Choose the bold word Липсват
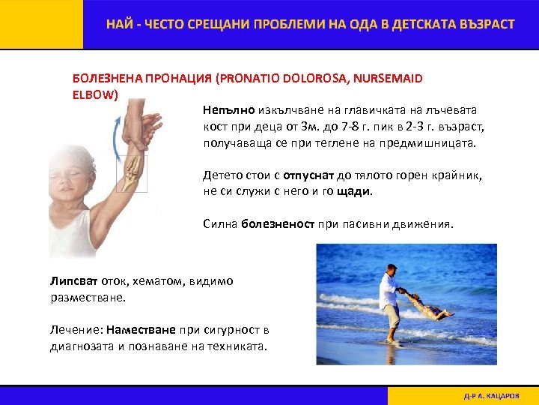pyautogui.click(x=69, y=281)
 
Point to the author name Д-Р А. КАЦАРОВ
pyautogui.click(x=490, y=395)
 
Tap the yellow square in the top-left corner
pyautogui.click(x=41, y=24)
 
